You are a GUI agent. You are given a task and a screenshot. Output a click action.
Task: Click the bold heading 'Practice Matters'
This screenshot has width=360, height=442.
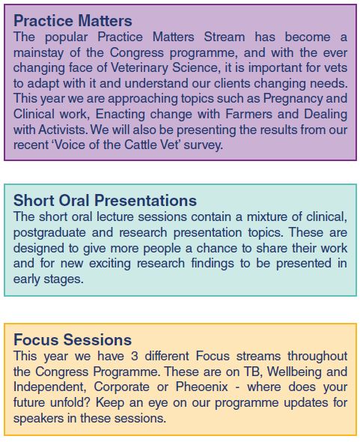coord(73,21)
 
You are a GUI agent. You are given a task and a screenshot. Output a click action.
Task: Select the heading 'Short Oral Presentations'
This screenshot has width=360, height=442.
coord(105,201)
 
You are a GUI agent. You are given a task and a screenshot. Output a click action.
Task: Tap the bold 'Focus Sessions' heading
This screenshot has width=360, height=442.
coord(73,339)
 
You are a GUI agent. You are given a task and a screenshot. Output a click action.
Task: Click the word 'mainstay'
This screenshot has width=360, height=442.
coord(39,53)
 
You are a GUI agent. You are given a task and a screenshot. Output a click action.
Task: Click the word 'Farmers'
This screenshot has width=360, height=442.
coord(248,114)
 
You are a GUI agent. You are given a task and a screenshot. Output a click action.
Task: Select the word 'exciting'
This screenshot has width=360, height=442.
coord(110,264)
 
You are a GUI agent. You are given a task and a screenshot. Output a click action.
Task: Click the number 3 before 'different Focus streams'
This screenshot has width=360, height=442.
coord(135,356)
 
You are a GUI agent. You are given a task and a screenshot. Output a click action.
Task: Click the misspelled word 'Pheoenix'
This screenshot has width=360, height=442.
coord(201,387)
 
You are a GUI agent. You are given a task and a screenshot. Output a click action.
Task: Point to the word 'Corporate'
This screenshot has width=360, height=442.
coord(122,387)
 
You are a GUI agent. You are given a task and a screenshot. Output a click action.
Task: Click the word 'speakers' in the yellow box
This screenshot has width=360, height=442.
coord(39,418)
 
